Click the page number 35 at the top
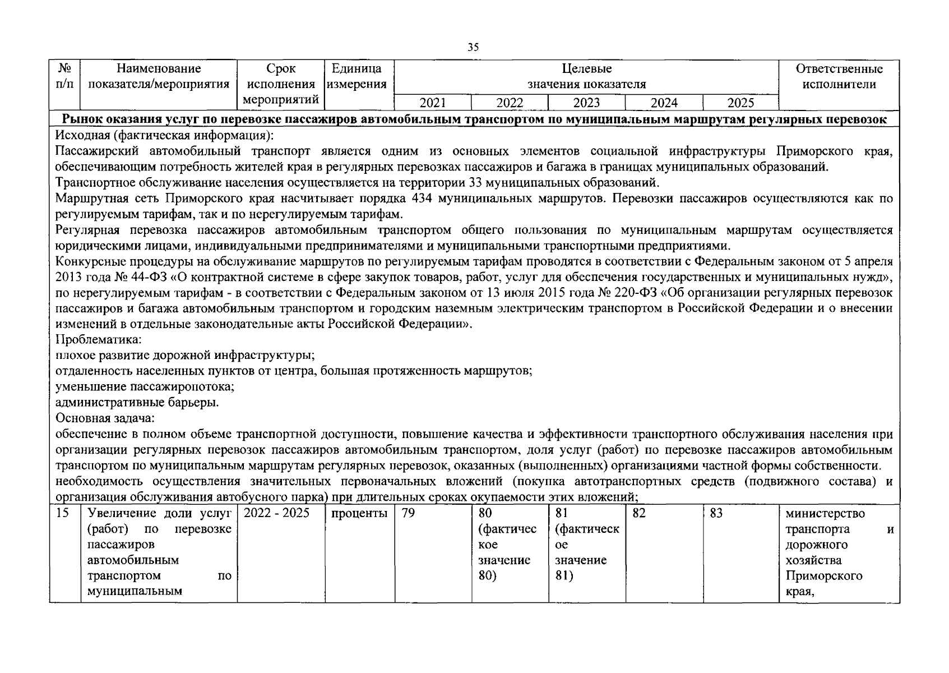(x=473, y=48)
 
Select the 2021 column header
(x=433, y=103)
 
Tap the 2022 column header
(x=510, y=103)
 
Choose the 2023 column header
(x=586, y=103)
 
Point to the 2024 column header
(x=664, y=103)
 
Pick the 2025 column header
(x=740, y=103)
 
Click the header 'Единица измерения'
(x=359, y=77)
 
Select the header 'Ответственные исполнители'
(x=839, y=77)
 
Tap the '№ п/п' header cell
(x=64, y=77)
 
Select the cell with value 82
(x=639, y=513)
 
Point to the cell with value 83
(x=716, y=513)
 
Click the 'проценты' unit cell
(x=359, y=513)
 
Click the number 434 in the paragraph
(x=422, y=199)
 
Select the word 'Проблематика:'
(x=99, y=340)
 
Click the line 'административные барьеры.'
(x=137, y=403)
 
